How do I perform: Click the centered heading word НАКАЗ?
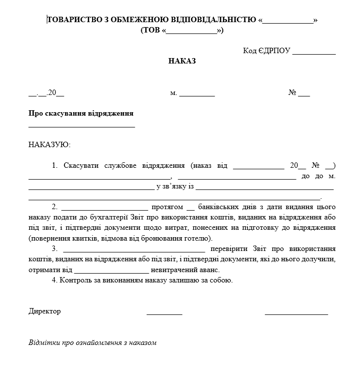point(182,61)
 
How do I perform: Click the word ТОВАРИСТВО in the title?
point(74,20)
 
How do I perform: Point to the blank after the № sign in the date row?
point(304,93)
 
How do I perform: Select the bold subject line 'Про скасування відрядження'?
point(81,113)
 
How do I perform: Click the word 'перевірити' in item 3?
point(229,249)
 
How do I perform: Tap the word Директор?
point(45,311)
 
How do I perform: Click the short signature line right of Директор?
point(164,313)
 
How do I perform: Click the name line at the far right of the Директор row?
point(296,313)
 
